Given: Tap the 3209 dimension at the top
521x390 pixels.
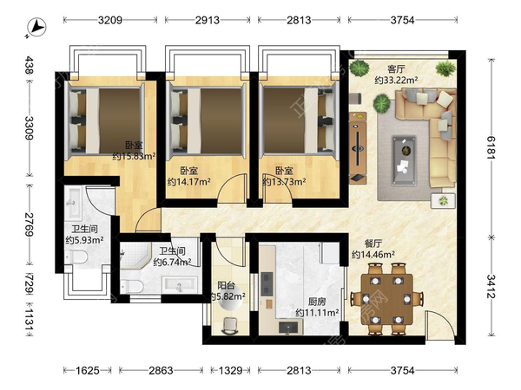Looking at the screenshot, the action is click(x=110, y=20).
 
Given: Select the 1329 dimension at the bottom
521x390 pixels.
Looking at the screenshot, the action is click(x=230, y=370).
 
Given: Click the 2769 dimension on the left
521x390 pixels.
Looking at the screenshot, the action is click(x=30, y=224).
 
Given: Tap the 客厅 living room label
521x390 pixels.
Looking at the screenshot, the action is click(x=396, y=69).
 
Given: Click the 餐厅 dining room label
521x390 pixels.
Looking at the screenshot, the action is click(x=373, y=244).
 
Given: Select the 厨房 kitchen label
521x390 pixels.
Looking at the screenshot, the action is click(x=317, y=302).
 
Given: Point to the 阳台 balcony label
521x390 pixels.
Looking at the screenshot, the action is click(x=227, y=285).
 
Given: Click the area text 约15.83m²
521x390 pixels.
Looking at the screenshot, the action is click(x=135, y=156).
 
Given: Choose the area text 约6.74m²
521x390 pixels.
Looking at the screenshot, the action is click(x=172, y=263).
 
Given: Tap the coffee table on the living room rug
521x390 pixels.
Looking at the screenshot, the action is click(x=404, y=159).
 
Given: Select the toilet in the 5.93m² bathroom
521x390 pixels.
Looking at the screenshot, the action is click(x=76, y=257).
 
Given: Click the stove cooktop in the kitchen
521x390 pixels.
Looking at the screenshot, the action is click(x=267, y=284).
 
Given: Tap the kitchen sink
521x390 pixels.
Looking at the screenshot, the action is click(x=288, y=328).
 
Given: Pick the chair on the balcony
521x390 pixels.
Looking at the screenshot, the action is click(x=229, y=326).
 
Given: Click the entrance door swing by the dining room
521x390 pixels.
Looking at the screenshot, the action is click(x=439, y=325).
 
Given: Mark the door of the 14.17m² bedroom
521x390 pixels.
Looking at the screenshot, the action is click(x=233, y=188).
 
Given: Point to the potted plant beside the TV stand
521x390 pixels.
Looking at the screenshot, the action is click(x=381, y=103).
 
